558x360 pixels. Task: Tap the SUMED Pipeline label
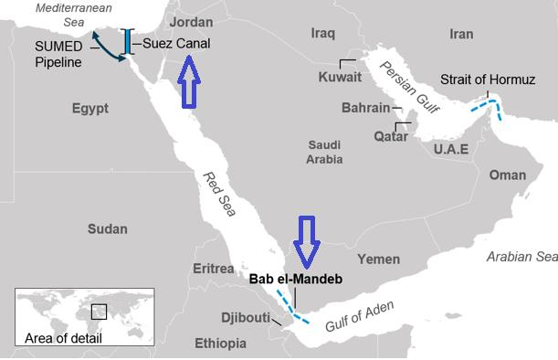pyautogui.click(x=58, y=54)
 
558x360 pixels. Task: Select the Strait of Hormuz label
pyautogui.click(x=487, y=79)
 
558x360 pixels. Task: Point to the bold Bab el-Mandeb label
pyautogui.click(x=295, y=278)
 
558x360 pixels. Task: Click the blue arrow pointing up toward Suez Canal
pyautogui.click(x=189, y=83)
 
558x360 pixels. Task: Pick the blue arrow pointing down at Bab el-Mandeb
pyautogui.click(x=305, y=240)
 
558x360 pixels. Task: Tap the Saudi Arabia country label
pyautogui.click(x=325, y=152)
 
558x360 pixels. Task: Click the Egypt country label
pyautogui.click(x=89, y=109)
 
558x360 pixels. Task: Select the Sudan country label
pyautogui.click(x=107, y=228)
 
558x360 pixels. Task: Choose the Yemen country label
pyautogui.click(x=378, y=259)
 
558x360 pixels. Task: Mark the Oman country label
pyautogui.click(x=507, y=175)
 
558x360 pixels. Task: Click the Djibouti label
pyautogui.click(x=246, y=318)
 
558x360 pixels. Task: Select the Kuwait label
pyautogui.click(x=341, y=77)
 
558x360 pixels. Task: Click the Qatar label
pyautogui.click(x=391, y=136)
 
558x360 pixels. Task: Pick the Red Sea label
pyautogui.click(x=219, y=192)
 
